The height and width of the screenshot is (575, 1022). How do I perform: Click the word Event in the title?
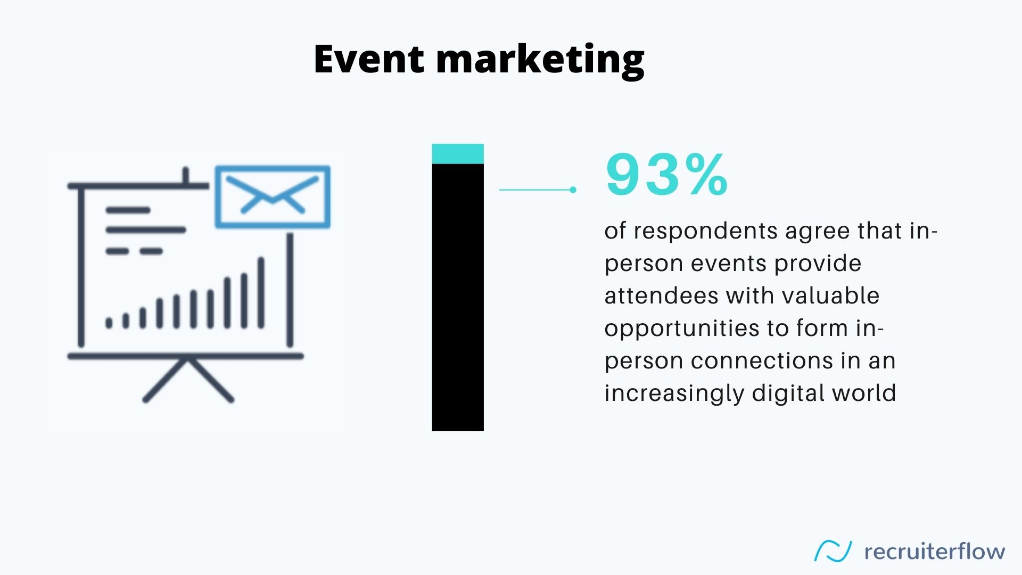(x=369, y=59)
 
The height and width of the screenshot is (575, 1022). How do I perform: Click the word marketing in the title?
(x=540, y=61)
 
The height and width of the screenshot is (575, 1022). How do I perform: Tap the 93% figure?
(x=666, y=174)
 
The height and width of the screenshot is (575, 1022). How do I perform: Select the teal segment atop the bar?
(x=458, y=154)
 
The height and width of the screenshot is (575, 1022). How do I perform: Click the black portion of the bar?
(x=458, y=297)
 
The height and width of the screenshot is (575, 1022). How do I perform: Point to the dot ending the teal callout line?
(x=573, y=190)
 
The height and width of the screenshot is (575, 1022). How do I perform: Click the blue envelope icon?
(x=273, y=197)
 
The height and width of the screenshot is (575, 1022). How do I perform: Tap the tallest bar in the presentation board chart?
(x=261, y=293)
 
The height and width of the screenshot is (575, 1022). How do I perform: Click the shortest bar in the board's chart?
(x=109, y=323)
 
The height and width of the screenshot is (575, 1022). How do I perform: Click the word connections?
(x=762, y=361)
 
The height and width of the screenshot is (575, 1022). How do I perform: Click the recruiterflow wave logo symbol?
(x=833, y=551)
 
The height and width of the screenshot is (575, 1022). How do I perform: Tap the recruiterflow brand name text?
(x=935, y=552)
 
